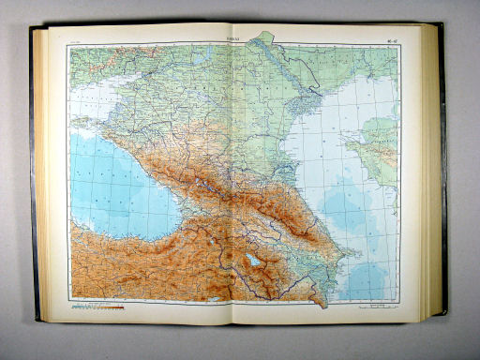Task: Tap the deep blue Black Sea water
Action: [108, 183]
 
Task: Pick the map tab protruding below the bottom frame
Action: [319, 301]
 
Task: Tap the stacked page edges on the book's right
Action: [434, 178]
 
